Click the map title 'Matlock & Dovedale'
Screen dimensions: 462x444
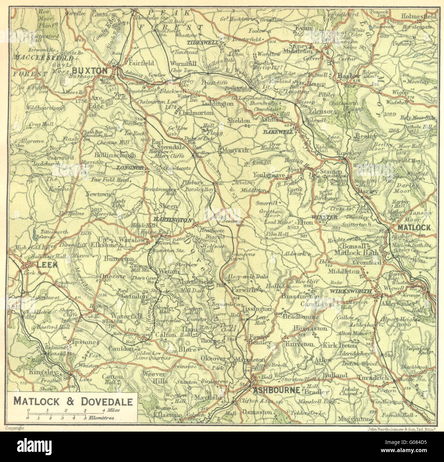73,401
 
